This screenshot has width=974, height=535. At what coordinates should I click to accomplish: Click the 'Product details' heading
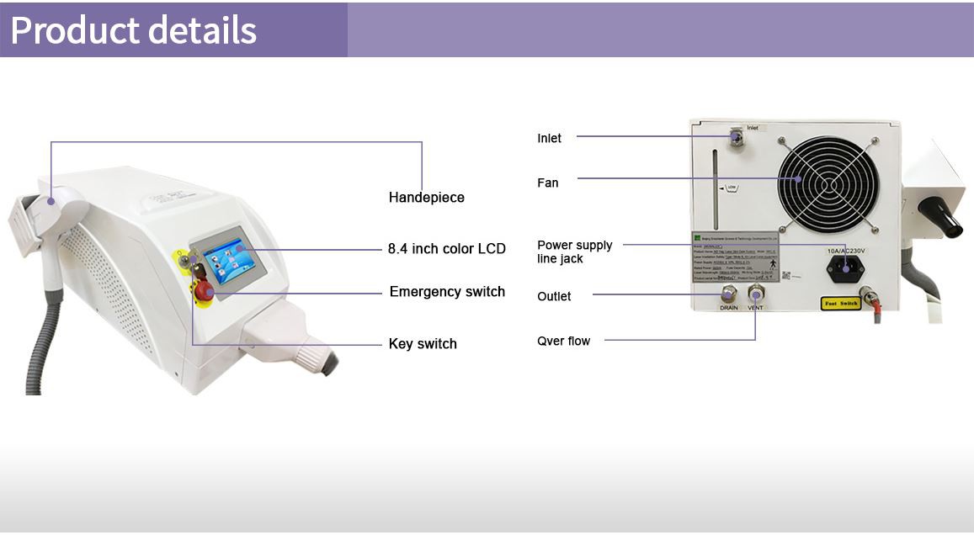[x=134, y=29]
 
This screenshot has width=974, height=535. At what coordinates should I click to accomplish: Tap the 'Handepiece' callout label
[x=426, y=198]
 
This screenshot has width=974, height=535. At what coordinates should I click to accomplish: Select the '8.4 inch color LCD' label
[x=446, y=249]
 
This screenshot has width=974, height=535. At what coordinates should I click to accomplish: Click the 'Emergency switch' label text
[x=447, y=292]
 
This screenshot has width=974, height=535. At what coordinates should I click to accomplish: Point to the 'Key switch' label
[x=423, y=344]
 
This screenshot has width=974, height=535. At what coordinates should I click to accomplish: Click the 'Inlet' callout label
[x=549, y=138]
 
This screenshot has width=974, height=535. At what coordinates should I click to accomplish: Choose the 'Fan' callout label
[x=547, y=183]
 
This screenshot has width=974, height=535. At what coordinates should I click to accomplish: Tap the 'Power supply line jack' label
[x=574, y=252]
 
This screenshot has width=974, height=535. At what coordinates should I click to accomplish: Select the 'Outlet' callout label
[x=554, y=296]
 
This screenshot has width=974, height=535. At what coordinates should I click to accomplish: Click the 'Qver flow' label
[x=563, y=341]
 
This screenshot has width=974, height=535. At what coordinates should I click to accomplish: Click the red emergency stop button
[x=204, y=291]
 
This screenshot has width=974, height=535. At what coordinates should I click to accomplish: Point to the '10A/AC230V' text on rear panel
[x=845, y=250]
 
